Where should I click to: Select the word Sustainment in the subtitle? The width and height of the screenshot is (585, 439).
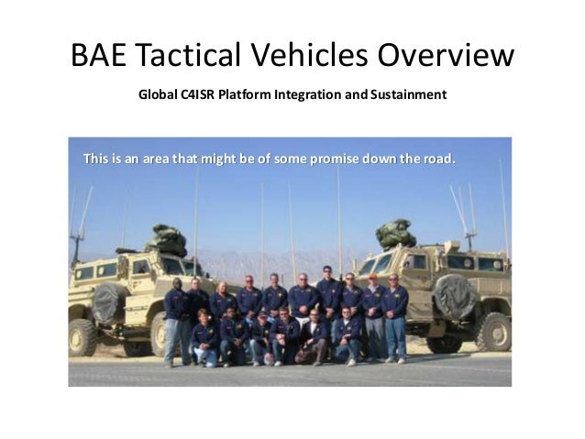(409, 95)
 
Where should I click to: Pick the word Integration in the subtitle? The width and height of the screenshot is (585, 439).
(307, 95)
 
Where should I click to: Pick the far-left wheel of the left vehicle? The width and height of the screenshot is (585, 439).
(83, 337)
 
